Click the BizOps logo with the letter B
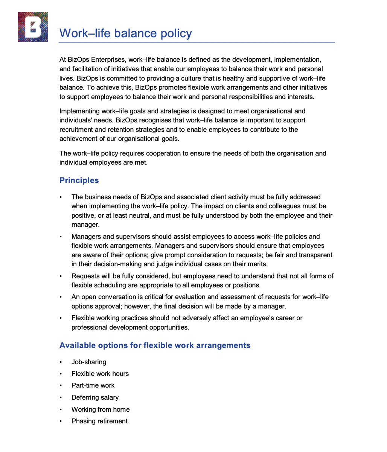click(x=33, y=27)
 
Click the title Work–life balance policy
click(x=126, y=33)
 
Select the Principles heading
click(x=79, y=180)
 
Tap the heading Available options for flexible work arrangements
click(x=155, y=345)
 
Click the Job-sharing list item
click(x=89, y=362)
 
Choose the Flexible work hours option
click(x=100, y=374)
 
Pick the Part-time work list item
click(x=93, y=385)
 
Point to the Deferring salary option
click(x=95, y=397)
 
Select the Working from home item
click(x=101, y=409)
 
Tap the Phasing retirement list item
click(x=99, y=421)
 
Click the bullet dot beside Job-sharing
click(x=60, y=362)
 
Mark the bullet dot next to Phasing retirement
click(x=60, y=421)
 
